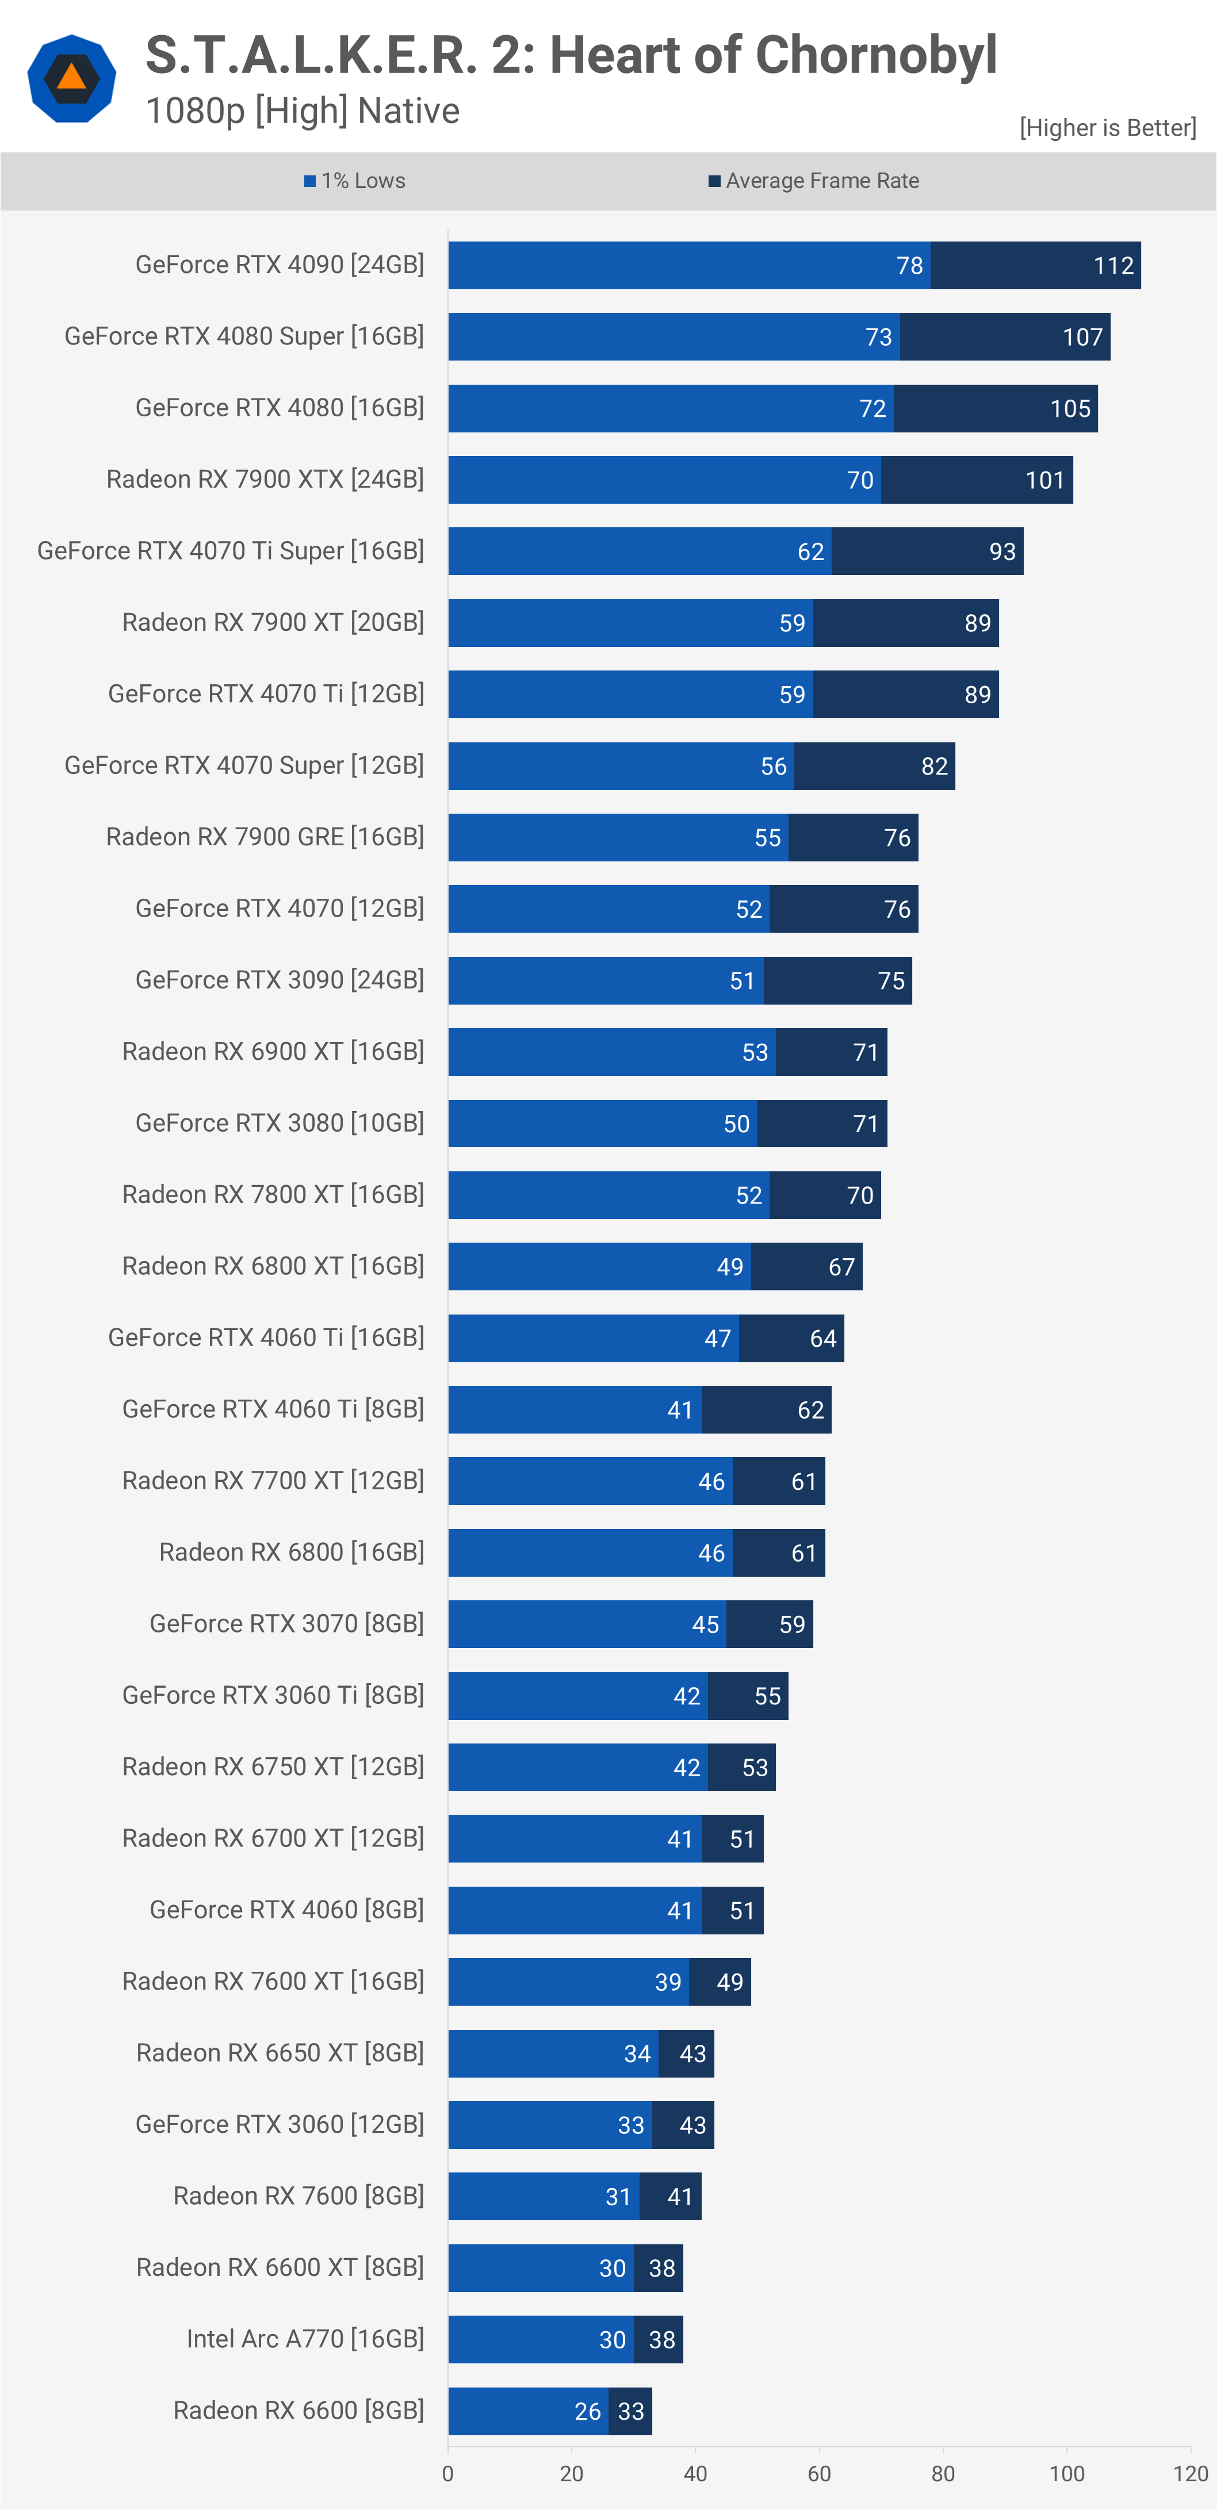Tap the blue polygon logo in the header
click(x=71, y=78)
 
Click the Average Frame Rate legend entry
click(x=814, y=181)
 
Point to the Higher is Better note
click(x=1107, y=128)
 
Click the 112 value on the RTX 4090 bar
click(x=1113, y=266)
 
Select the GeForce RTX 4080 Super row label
click(x=244, y=336)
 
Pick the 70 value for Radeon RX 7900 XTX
click(x=859, y=480)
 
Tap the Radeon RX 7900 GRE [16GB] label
click(x=265, y=837)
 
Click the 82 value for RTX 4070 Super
click(x=933, y=767)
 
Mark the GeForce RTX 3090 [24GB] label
click(x=280, y=980)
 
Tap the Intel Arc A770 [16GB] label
click(x=305, y=2339)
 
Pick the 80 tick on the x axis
click(x=942, y=2473)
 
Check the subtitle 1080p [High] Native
click(x=302, y=111)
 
